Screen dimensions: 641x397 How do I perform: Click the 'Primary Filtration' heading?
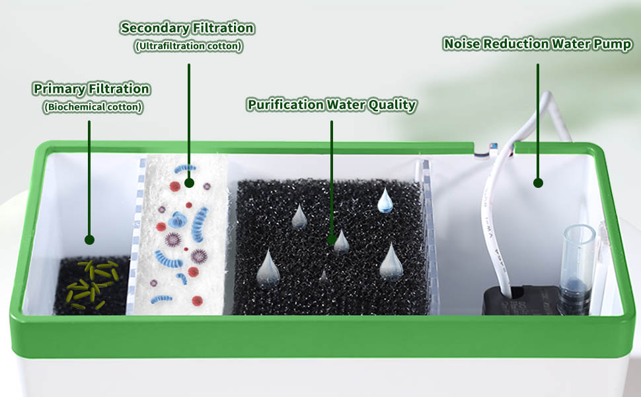point(91,89)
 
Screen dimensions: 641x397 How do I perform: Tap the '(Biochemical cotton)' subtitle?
point(93,107)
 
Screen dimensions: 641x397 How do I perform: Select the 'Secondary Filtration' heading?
point(187,28)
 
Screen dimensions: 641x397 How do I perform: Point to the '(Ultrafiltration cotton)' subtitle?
point(188,46)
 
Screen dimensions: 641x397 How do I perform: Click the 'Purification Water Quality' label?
point(331,105)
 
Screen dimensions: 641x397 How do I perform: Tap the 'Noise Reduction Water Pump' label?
point(537,44)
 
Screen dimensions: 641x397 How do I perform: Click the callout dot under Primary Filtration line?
point(89,240)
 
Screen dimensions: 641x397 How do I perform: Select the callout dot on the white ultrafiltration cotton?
point(189,182)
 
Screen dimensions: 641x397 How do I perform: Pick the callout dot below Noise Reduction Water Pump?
point(538,182)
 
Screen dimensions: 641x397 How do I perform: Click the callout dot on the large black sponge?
point(332,240)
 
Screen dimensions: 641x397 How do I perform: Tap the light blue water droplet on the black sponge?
point(385,200)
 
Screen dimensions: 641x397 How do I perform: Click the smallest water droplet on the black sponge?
point(323,275)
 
